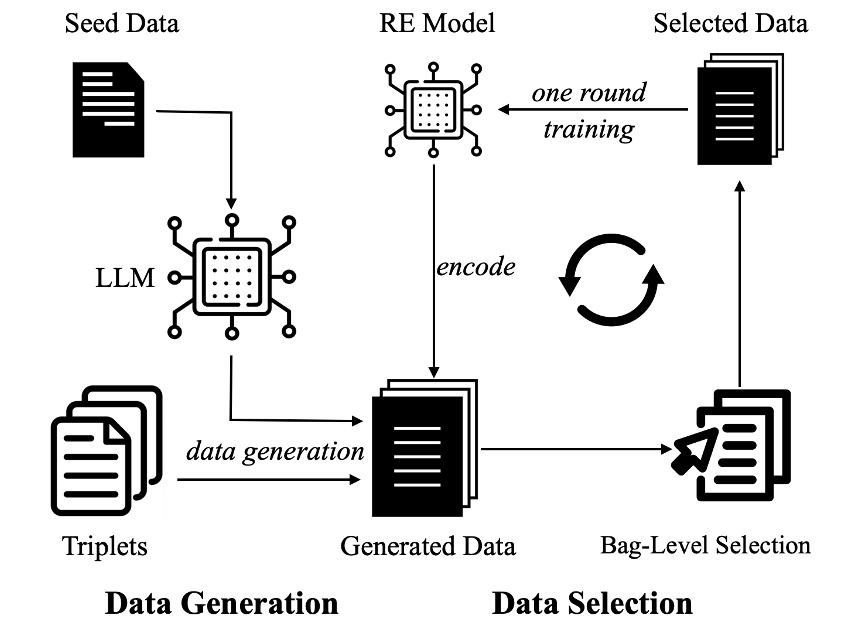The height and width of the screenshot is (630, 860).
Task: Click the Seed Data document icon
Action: [109, 110]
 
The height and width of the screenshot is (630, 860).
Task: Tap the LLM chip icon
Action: [231, 277]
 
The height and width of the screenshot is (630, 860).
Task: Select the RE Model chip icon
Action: [433, 110]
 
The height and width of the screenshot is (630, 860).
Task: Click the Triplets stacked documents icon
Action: [106, 451]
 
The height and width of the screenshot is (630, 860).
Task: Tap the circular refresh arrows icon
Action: [611, 280]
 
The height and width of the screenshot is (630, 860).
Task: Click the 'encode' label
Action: [476, 267]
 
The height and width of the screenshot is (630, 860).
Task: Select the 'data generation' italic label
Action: [275, 452]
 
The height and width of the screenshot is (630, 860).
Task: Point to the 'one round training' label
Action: [589, 111]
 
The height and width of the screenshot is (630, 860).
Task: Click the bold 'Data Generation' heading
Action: [222, 603]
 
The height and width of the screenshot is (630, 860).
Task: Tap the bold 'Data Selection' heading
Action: [592, 603]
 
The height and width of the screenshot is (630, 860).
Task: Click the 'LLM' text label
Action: [125, 278]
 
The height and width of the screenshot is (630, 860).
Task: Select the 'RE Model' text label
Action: [437, 24]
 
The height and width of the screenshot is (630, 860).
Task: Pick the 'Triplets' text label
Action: [105, 546]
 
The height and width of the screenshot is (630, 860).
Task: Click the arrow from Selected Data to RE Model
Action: [593, 110]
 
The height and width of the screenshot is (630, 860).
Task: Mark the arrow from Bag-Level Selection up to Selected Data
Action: [739, 284]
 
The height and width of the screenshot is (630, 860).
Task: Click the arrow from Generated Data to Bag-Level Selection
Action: [576, 449]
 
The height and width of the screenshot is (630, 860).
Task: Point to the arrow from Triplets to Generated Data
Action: [269, 480]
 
